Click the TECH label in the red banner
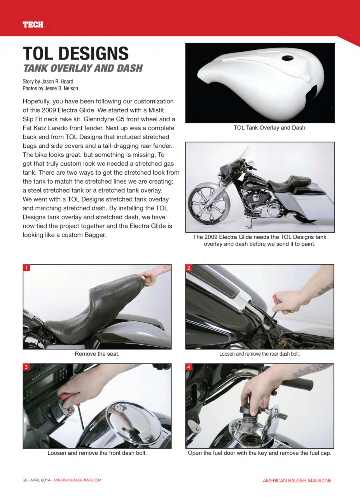tap(33, 25)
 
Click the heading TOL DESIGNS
tap(75, 53)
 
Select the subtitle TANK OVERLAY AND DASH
tap(83, 68)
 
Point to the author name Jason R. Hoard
tap(57, 82)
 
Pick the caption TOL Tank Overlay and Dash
tap(269, 128)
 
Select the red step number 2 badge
tap(189, 268)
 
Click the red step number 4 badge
tap(189, 367)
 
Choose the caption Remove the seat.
tap(97, 354)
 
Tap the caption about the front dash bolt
tap(97, 453)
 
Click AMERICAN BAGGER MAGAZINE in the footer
tap(297, 480)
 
